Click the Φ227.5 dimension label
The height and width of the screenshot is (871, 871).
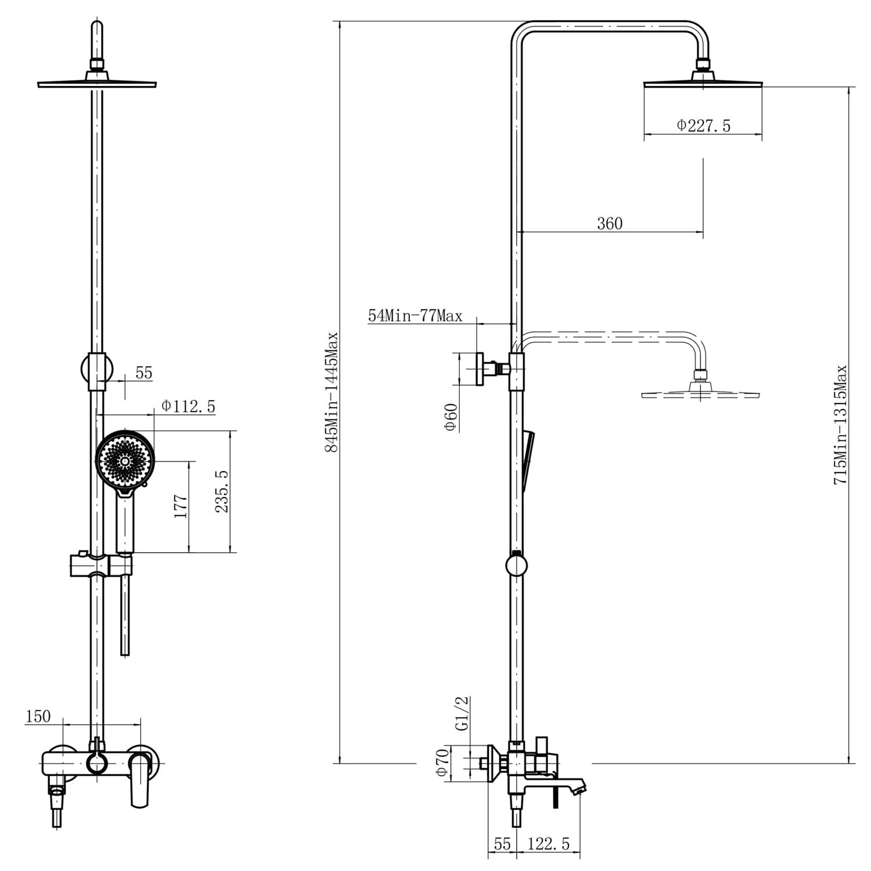703,125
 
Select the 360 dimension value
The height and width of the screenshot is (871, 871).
609,224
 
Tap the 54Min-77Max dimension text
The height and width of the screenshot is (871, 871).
415,316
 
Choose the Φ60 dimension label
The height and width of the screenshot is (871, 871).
451,417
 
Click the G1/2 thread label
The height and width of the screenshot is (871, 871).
462,714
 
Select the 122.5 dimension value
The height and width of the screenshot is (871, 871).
548,844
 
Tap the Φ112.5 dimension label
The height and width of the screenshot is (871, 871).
188,406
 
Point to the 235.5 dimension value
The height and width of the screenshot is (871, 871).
222,491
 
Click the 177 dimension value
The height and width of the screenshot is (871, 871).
181,506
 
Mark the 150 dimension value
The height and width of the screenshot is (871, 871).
38,717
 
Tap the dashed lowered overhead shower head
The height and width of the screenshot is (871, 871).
700,394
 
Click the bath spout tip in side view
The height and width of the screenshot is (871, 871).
580,789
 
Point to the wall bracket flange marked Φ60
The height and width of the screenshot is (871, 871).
481,369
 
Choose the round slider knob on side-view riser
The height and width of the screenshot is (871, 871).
516,565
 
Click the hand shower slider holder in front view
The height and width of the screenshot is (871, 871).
101,566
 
